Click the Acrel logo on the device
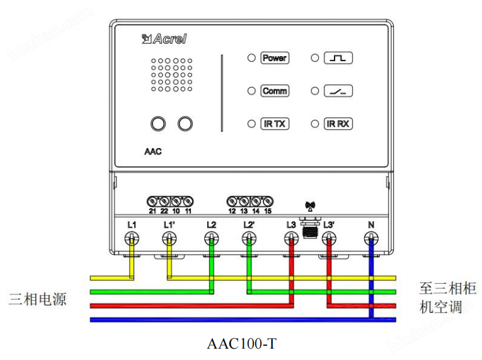(165, 39)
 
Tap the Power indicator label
(274, 58)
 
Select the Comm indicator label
(274, 91)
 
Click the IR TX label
(274, 124)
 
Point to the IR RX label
(338, 124)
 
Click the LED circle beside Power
(251, 58)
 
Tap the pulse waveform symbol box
(338, 58)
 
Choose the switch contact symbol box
(338, 91)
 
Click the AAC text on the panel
(152, 152)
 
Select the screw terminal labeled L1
(131, 238)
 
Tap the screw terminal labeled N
(371, 238)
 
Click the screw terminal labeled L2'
(249, 238)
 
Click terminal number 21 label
(152, 211)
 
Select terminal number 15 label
(268, 211)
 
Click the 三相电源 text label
(38, 298)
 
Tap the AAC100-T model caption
(241, 344)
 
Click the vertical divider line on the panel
(222, 93)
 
